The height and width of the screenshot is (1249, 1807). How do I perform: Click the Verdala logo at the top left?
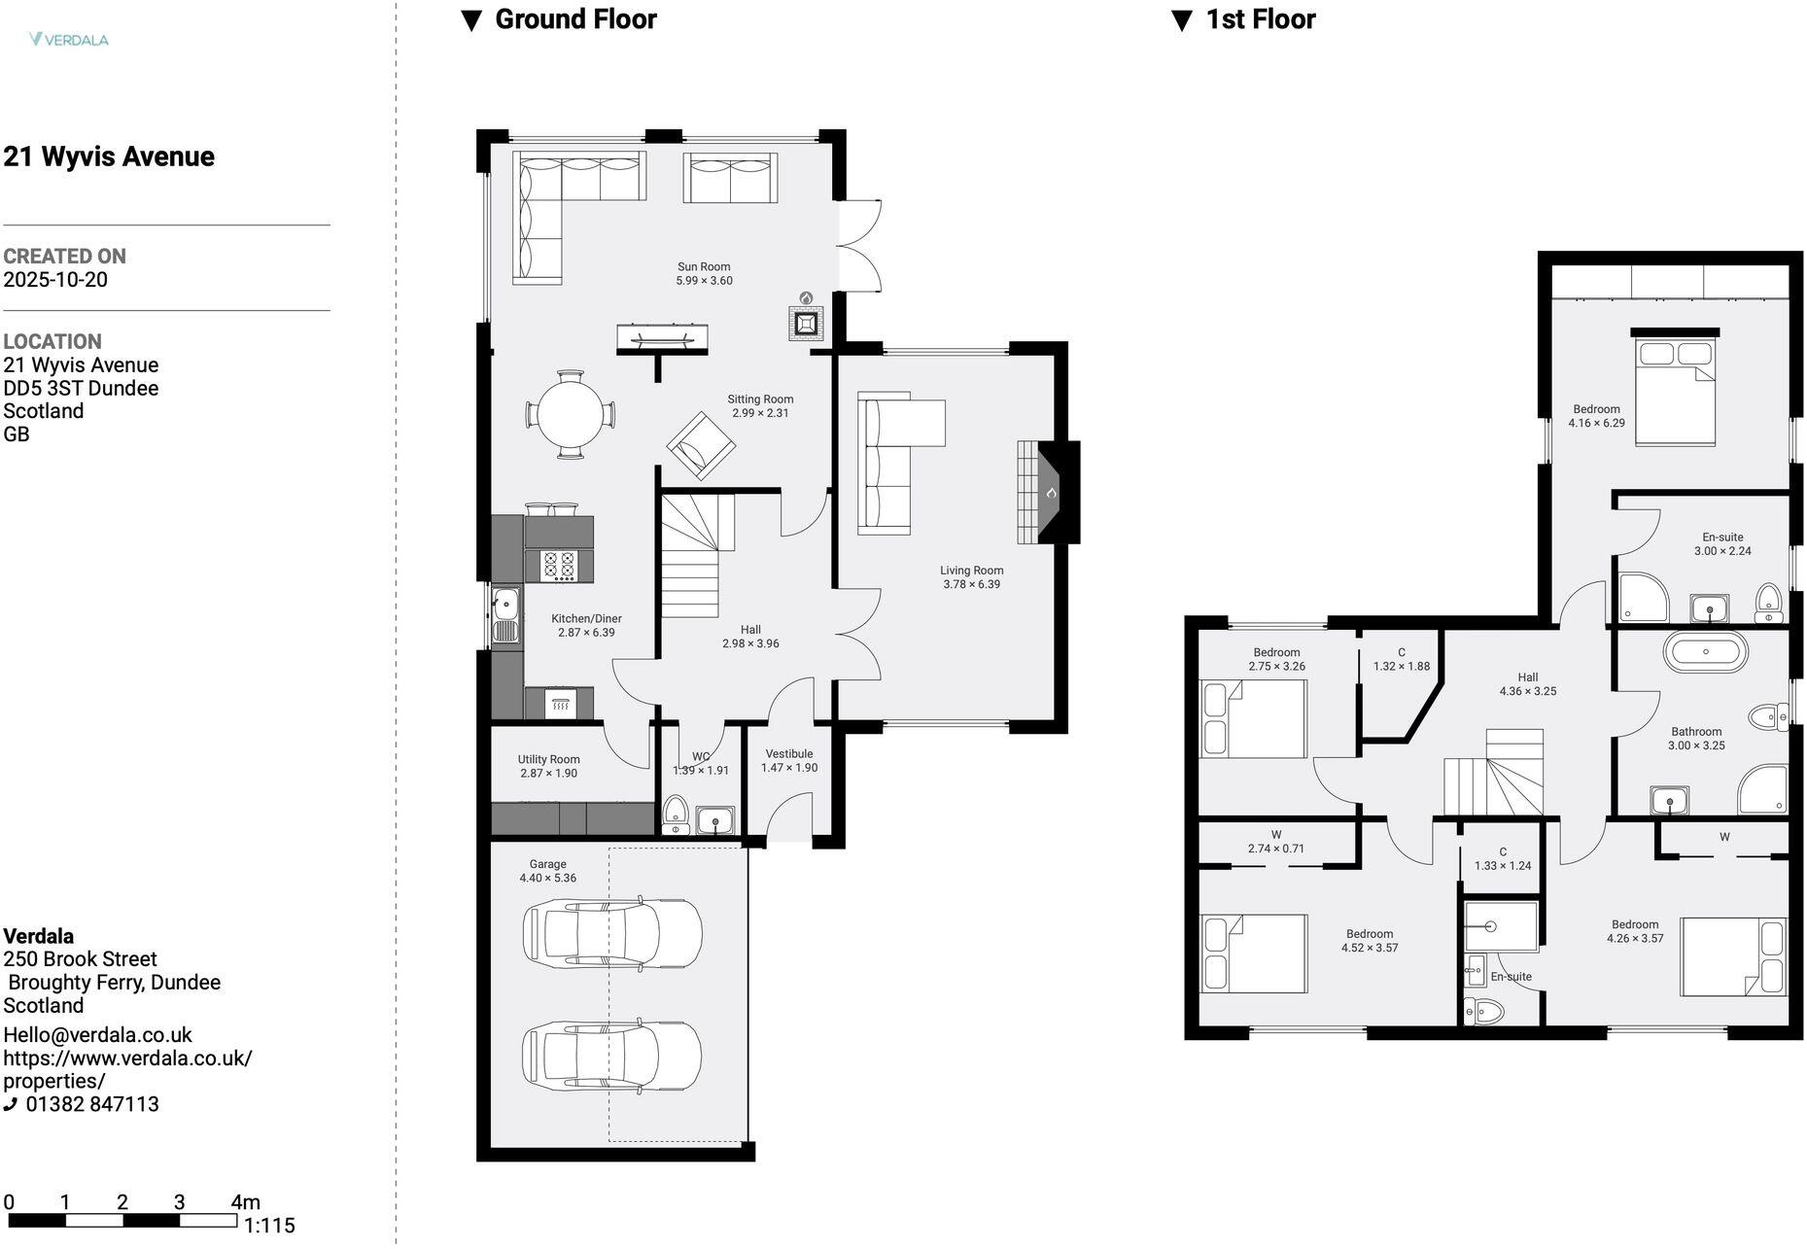68,40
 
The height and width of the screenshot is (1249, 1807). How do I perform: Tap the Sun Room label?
704,266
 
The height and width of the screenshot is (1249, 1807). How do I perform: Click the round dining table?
571,414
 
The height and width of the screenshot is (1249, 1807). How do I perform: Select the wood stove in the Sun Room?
806,323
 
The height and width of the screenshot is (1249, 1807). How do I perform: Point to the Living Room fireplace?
1048,492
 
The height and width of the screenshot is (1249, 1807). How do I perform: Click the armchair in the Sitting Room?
700,446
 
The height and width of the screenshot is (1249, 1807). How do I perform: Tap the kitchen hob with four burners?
559,566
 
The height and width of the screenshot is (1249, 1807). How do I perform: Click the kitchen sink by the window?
505,616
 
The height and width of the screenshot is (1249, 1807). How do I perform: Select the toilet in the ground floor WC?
675,815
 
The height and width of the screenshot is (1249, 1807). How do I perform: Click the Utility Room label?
548,759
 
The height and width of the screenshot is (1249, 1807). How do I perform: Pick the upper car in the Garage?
612,933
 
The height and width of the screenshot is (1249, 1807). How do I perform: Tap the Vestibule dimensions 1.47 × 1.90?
788,768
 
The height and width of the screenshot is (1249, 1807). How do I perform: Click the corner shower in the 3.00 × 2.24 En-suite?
1643,597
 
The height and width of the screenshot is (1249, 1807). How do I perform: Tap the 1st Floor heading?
1260,19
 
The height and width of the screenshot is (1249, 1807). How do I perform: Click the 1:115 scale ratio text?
269,1225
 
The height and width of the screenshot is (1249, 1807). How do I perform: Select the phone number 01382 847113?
92,1104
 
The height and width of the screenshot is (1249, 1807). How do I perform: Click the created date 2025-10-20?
55,280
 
